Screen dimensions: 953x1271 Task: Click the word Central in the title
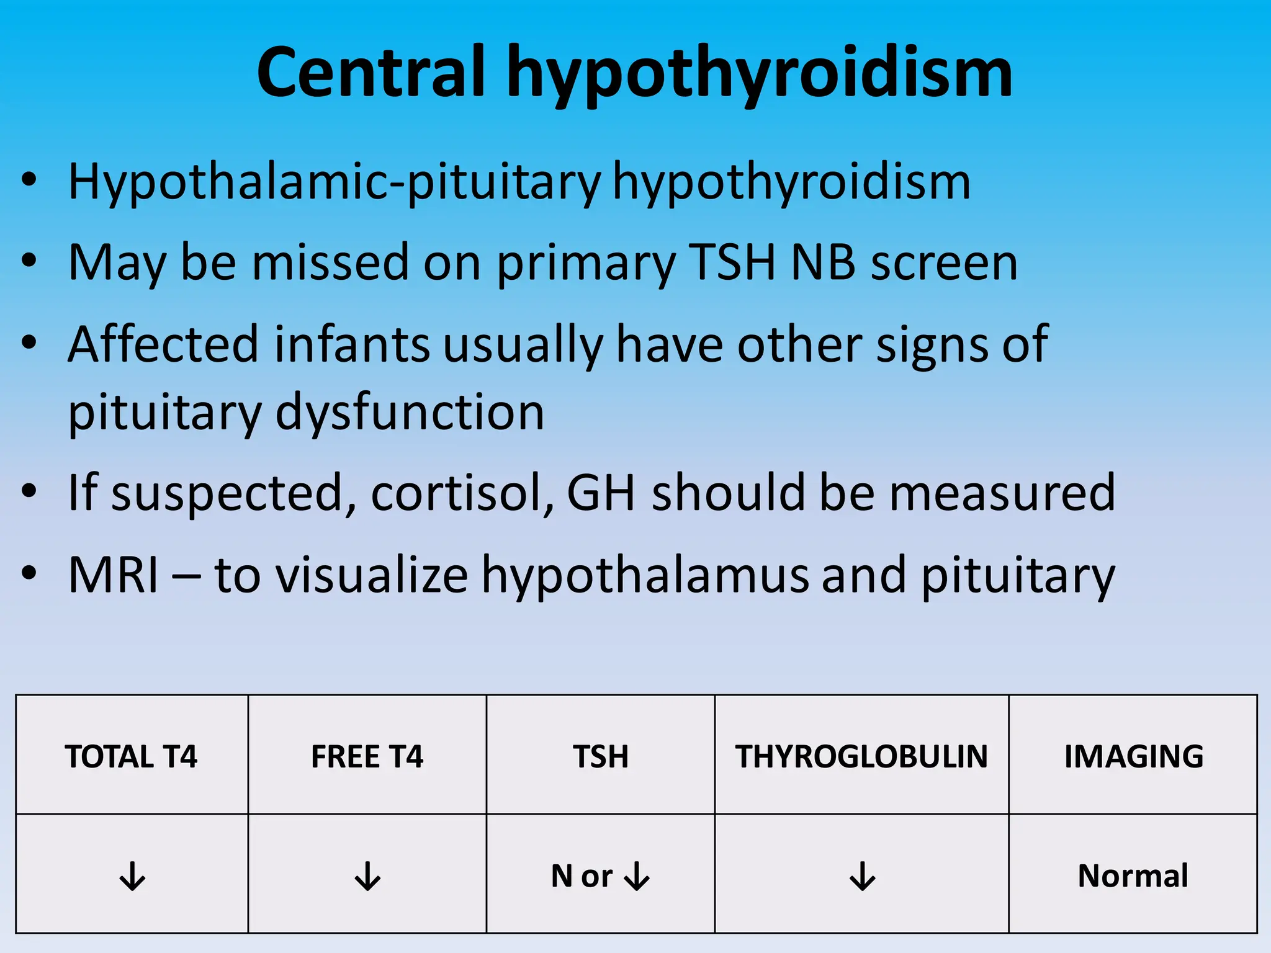(x=370, y=73)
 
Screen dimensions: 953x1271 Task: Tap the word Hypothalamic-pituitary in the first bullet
(x=334, y=182)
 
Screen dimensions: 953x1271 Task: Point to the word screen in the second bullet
(x=944, y=262)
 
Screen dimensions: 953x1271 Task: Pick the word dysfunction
(x=410, y=412)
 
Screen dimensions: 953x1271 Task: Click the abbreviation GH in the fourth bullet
(x=601, y=493)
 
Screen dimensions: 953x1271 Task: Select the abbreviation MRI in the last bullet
(x=113, y=575)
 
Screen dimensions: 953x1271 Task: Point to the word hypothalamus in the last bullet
(x=645, y=576)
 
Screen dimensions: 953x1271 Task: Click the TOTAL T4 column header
(x=131, y=756)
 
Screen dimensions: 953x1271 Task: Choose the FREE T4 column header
(x=367, y=756)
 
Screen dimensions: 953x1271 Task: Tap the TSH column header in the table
(x=600, y=756)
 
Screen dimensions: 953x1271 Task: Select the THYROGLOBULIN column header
(x=861, y=756)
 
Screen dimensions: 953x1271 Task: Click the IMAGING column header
(x=1133, y=756)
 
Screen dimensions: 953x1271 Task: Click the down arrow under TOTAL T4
(x=132, y=875)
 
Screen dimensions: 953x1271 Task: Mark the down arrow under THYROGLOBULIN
(x=862, y=875)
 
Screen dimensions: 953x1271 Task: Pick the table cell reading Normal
(x=1133, y=875)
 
